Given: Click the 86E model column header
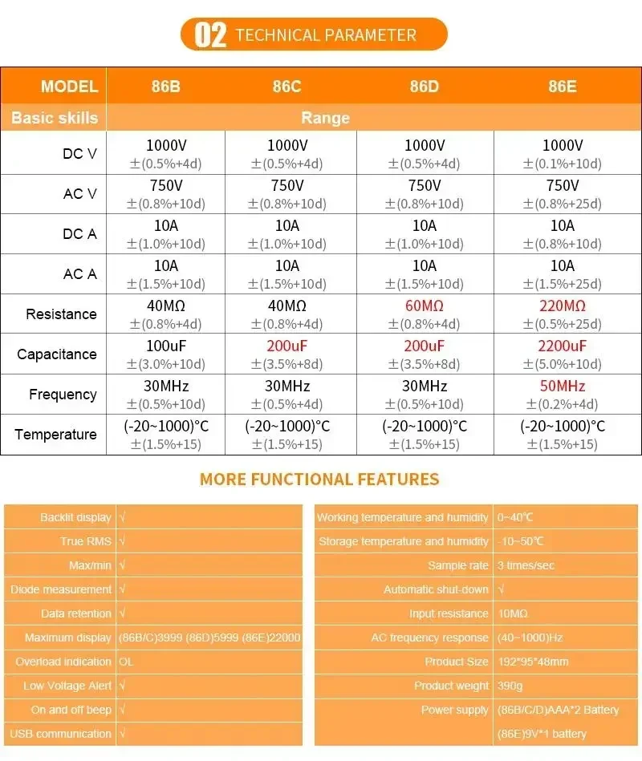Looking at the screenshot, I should point(562,87).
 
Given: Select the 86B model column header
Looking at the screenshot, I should point(165,87).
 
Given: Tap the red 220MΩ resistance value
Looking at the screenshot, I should point(562,306).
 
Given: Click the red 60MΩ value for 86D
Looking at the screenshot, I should point(425,306).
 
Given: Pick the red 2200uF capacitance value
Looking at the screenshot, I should point(562,346).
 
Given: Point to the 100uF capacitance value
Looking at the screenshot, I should point(165,346).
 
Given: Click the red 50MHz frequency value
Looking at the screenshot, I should point(562,386).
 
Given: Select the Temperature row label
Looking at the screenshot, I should point(55,435).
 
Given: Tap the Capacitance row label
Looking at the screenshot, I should point(56,354).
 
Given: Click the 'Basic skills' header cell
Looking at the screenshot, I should point(54,118).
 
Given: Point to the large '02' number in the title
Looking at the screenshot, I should point(211,35).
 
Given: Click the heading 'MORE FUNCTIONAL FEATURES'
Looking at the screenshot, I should point(319,480).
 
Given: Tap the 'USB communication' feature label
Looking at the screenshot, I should point(60,734).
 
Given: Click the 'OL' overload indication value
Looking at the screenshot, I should point(126,662).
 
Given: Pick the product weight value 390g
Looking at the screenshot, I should point(510,686).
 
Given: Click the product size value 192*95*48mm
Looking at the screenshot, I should point(533,662).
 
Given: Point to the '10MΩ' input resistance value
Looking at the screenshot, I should point(513,613).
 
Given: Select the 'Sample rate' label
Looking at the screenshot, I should point(457,565).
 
